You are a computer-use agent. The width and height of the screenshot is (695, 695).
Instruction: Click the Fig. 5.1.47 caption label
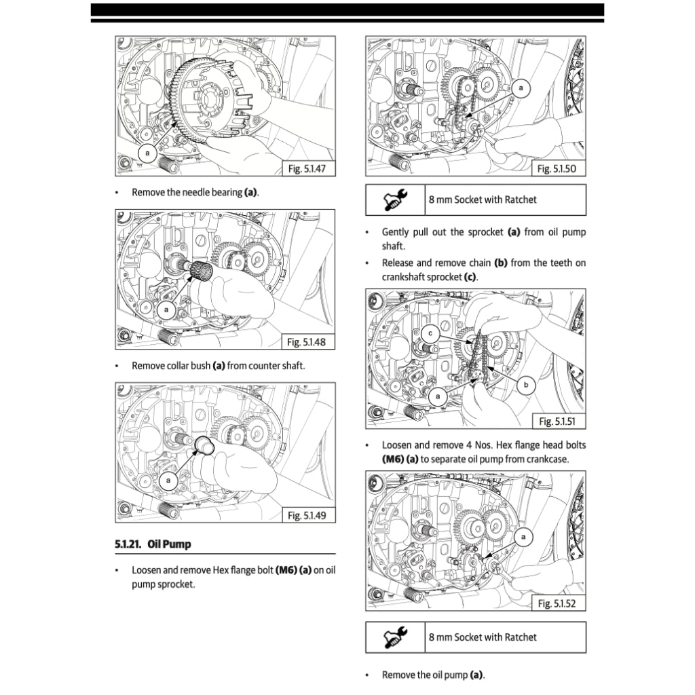[307, 169]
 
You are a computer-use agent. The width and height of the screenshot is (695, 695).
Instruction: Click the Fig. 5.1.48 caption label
[307, 342]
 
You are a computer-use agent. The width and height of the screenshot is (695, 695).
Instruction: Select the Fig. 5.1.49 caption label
[307, 515]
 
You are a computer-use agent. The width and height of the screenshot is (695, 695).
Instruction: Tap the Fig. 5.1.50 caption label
[557, 169]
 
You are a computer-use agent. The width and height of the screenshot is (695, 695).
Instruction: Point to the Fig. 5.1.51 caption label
[557, 421]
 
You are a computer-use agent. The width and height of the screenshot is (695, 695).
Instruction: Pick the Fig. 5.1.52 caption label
[557, 603]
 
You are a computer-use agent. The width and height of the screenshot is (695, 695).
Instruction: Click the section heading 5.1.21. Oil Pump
[153, 544]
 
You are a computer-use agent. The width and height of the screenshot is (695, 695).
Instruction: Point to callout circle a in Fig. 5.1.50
[521, 88]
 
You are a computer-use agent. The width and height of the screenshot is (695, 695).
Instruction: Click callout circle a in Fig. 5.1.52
[523, 537]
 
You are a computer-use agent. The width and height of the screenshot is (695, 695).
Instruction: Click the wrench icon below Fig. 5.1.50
[395, 200]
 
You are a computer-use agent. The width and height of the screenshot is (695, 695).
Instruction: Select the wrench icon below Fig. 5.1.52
[395, 637]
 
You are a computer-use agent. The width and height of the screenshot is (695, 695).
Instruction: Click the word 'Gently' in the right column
[396, 232]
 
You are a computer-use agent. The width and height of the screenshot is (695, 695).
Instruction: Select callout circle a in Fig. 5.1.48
[166, 309]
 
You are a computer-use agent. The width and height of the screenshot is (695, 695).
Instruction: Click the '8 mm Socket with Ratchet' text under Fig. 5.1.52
[483, 637]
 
